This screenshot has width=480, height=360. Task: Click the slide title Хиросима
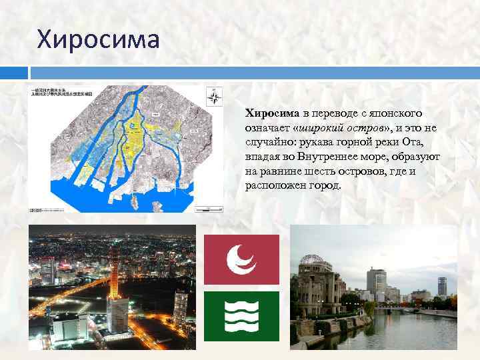point(99,39)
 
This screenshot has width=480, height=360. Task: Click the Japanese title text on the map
point(63,93)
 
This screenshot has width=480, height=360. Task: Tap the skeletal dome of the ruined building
point(312,261)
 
